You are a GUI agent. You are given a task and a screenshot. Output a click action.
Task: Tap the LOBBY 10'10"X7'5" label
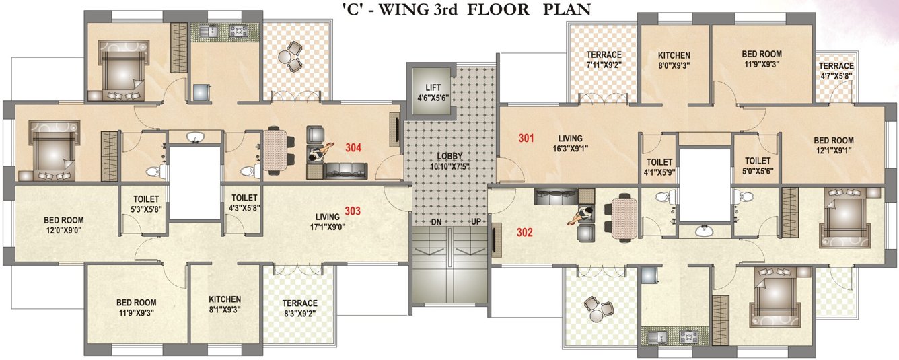coord(447,161)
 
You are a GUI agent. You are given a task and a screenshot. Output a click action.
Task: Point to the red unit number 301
coord(526,139)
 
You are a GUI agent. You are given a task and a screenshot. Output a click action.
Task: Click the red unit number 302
coord(525,233)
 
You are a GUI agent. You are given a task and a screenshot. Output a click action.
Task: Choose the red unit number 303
coord(353,211)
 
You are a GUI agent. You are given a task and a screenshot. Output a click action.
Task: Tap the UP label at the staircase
coord(475,221)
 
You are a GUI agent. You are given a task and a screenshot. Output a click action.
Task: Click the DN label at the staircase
coord(436,221)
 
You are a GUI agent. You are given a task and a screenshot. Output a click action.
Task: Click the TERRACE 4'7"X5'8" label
coord(836,71)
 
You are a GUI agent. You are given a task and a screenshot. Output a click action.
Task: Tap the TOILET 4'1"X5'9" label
coord(659,167)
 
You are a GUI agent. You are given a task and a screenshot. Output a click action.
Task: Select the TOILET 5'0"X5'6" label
coord(758,166)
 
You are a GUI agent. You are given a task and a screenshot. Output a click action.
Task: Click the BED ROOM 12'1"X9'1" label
coord(833,146)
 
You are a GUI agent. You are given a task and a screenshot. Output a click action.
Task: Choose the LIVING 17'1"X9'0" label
coord(328,221)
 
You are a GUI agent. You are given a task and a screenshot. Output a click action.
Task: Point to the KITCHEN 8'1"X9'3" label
coord(224,305)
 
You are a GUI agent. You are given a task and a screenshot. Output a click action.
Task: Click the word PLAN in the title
coord(567,9)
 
